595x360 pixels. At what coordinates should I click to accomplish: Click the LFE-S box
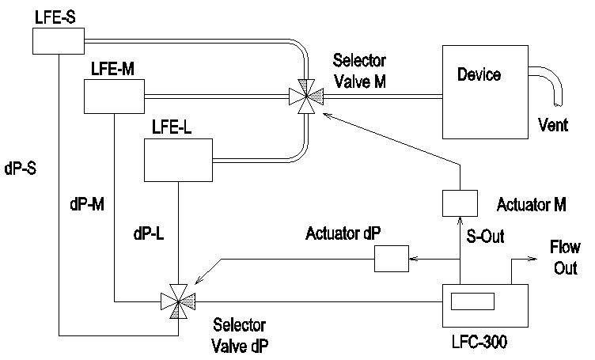point(59,40)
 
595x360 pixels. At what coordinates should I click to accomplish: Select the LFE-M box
point(113,96)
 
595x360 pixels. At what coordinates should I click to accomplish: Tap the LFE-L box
point(177,159)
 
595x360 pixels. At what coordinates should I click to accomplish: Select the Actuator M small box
point(459,203)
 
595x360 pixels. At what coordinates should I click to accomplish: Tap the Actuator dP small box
point(389,257)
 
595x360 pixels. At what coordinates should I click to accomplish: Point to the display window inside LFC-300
point(472,301)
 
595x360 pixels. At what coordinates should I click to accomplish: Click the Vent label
point(553,124)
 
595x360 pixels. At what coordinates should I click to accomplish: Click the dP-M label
point(85,203)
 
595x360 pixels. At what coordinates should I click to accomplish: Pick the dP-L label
point(151,234)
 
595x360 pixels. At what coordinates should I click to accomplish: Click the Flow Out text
point(564,258)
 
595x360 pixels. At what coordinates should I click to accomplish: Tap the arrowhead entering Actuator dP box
point(411,257)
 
